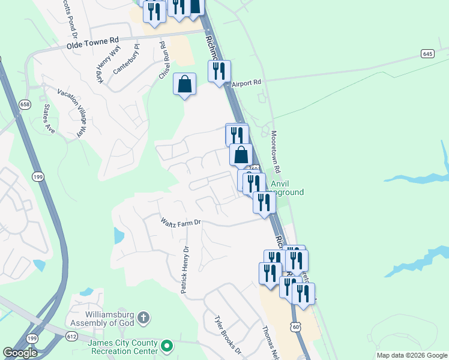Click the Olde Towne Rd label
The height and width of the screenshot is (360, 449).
pos(92,43)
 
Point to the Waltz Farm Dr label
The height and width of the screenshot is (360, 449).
pos(180,223)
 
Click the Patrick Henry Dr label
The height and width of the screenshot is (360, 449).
pos(185,269)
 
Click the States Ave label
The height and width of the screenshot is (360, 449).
pos(48,119)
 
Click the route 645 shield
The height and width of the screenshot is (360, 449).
pos(427,54)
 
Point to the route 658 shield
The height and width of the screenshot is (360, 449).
pos(24,104)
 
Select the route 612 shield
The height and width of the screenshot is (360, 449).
pos(72,337)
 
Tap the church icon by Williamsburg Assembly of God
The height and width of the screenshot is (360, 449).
pos(143,316)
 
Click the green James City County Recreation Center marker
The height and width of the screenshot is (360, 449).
pos(168,346)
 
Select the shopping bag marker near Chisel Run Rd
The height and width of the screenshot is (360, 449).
pos(184,84)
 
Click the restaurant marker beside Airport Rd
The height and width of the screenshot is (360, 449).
pos(219,71)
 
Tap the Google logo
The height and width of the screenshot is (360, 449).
pos(20,353)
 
